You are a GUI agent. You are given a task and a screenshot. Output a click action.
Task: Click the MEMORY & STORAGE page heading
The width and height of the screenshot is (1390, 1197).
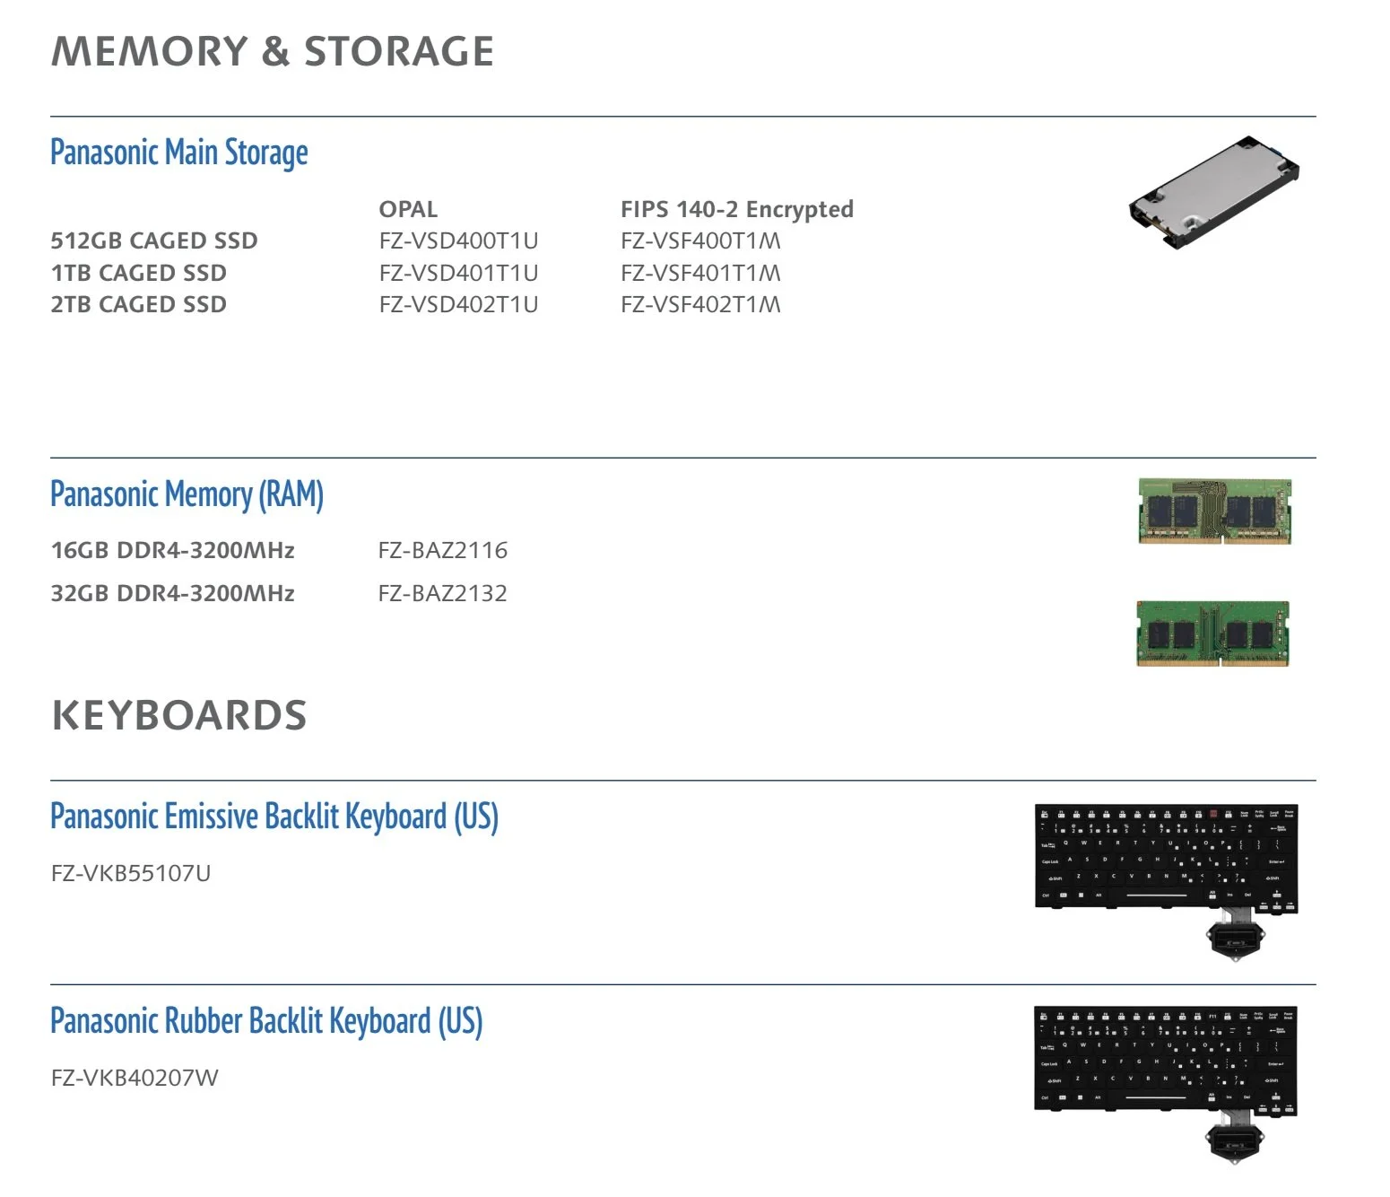tap(273, 51)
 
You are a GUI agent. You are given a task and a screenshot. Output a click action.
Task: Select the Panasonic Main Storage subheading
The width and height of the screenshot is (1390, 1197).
tap(179, 153)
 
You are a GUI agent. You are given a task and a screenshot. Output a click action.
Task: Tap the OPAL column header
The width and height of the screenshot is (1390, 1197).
tap(408, 209)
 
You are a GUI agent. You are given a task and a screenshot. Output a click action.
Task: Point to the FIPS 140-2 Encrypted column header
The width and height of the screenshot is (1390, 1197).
tap(736, 209)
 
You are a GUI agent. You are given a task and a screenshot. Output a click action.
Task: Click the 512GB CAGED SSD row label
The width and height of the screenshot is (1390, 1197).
tap(154, 240)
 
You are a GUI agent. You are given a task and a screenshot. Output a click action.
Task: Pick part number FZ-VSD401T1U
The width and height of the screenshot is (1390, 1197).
tap(458, 273)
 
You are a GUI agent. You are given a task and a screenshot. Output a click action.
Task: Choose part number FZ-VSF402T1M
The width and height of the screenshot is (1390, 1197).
tap(700, 304)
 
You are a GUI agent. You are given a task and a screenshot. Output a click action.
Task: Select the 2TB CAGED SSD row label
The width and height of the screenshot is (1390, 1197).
tap(139, 304)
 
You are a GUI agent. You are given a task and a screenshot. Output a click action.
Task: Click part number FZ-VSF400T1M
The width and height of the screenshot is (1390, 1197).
tap(700, 240)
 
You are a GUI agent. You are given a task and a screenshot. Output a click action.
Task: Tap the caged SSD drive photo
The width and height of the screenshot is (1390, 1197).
tap(1214, 191)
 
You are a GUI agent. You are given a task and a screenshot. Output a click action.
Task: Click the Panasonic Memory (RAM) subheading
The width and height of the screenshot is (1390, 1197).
tap(187, 494)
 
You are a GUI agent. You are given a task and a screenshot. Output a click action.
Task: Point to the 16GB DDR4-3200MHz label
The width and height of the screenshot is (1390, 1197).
tap(173, 550)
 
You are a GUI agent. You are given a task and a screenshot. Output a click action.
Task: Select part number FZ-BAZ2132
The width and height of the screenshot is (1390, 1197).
tap(442, 593)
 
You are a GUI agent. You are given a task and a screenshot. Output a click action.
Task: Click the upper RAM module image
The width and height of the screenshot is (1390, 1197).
tap(1214, 511)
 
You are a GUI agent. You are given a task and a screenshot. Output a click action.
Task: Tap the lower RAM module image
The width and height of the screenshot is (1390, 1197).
tap(1212, 633)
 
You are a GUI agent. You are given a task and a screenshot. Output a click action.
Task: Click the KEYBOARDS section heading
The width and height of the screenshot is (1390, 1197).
tap(179, 715)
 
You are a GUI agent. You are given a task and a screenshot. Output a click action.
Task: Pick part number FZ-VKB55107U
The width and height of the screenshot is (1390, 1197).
tap(131, 873)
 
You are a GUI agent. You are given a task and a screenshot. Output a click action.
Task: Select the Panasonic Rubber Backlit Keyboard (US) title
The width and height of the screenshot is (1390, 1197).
tap(266, 1021)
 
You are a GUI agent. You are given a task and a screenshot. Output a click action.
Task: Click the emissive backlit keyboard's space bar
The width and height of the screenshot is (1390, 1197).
tap(1156, 895)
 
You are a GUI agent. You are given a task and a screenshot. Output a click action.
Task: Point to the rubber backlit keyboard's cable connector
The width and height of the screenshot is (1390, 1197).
tap(1234, 1141)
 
